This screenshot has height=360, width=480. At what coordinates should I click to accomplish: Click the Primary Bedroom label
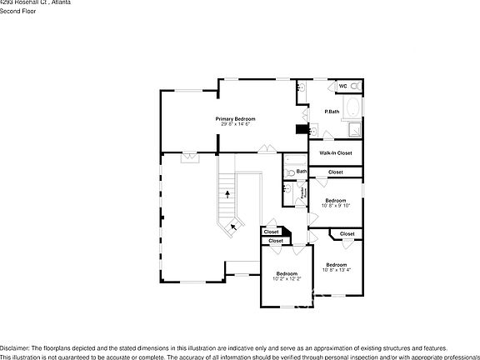click(235, 119)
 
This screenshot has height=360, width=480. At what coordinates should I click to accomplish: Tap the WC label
click(342, 86)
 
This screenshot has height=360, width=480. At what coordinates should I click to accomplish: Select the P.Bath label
click(332, 112)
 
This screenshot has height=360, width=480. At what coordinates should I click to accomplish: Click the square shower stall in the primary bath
click(353, 128)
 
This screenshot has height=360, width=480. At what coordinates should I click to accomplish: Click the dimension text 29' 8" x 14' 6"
click(235, 125)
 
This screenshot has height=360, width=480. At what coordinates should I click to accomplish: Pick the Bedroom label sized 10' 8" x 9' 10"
click(336, 200)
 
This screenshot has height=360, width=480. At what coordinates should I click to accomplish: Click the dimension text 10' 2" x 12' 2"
click(287, 279)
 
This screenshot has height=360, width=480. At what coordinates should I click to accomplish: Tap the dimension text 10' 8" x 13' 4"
click(337, 270)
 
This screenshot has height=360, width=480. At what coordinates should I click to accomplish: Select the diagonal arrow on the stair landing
click(234, 224)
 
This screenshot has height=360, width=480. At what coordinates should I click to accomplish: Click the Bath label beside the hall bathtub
click(302, 172)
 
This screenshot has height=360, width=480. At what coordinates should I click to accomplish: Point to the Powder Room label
click(305, 192)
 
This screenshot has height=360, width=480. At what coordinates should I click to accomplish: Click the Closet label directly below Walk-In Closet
click(335, 172)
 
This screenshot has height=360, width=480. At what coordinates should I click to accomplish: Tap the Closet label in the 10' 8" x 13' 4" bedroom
click(347, 234)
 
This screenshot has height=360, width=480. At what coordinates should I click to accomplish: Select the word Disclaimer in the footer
click(14, 347)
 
